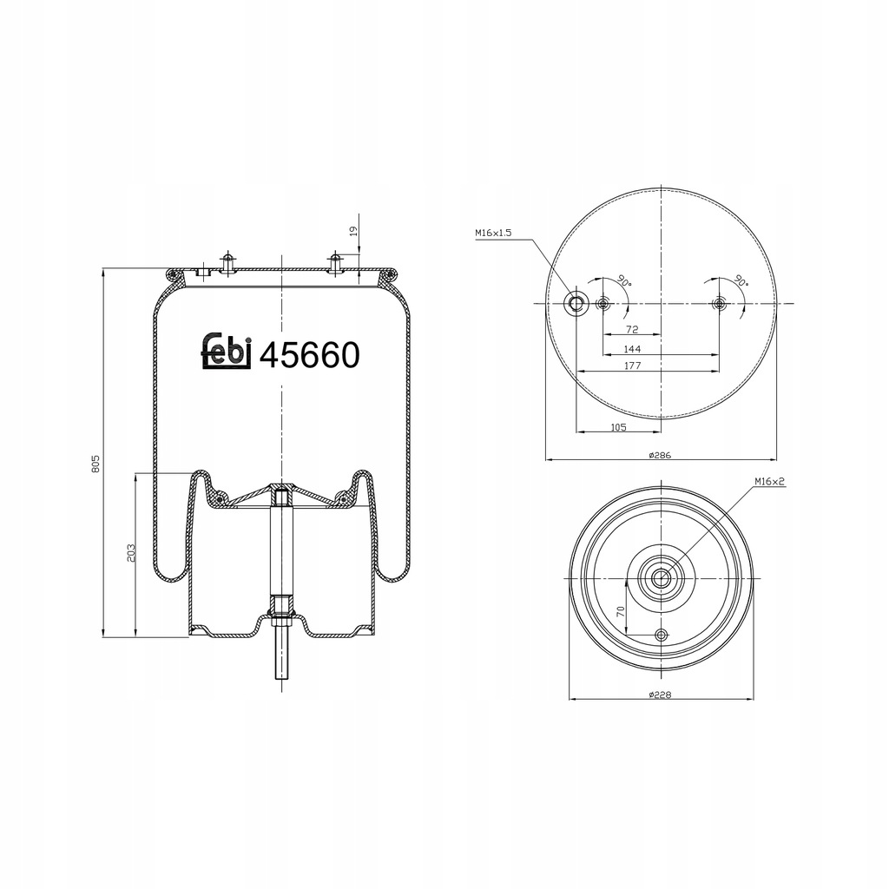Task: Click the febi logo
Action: click(227, 352)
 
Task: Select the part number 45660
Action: click(310, 355)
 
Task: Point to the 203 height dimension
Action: click(131, 553)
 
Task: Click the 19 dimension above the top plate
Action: click(352, 231)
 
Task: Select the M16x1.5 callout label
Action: click(493, 233)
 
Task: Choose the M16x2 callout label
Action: click(769, 482)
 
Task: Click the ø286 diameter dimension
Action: click(660, 455)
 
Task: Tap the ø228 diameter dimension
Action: click(660, 695)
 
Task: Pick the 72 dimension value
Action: click(632, 329)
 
